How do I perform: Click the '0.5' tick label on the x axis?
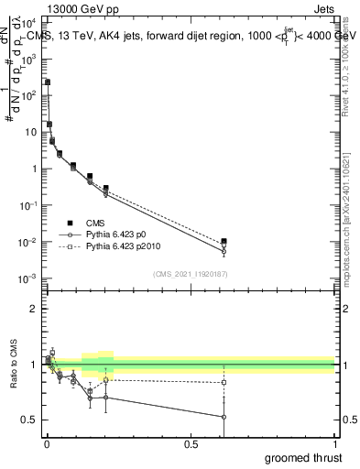pyautogui.click(x=191, y=444)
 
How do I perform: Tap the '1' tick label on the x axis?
pyautogui.click(x=334, y=444)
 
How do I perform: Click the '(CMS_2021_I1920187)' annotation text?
pyautogui.click(x=190, y=273)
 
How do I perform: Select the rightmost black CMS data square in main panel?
pyautogui.click(x=224, y=241)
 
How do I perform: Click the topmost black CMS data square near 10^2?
pyautogui.click(x=48, y=82)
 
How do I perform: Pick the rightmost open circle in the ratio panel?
pyautogui.click(x=224, y=417)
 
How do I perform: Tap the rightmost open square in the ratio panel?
pyautogui.click(x=224, y=382)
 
